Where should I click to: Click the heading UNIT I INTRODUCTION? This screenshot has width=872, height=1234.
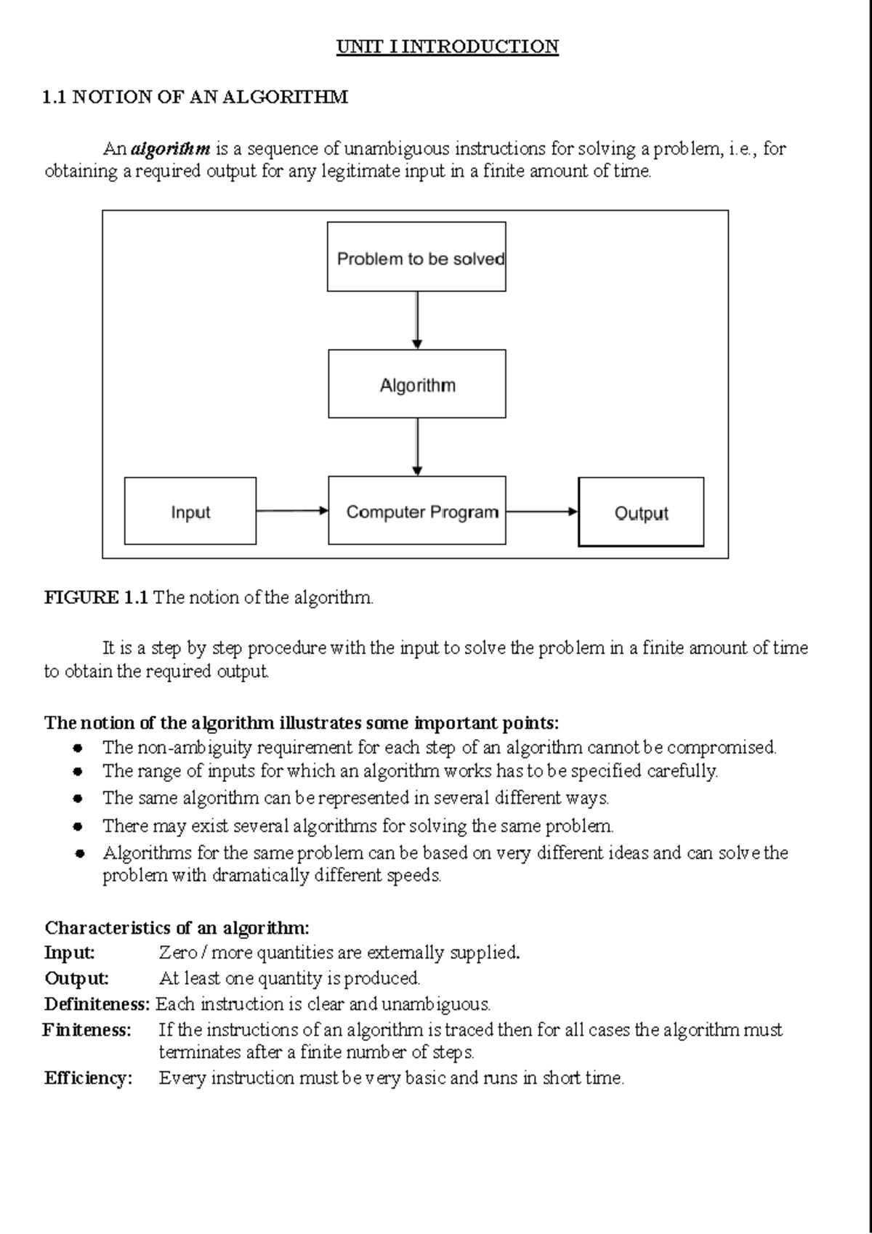[x=447, y=47]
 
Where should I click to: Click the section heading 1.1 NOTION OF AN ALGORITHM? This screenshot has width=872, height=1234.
[x=195, y=97]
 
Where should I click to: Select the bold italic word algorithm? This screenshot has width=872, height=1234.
[x=171, y=149]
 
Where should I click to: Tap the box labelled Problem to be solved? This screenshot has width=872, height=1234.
[x=416, y=257]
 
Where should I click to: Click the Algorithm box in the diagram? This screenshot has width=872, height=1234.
[x=416, y=384]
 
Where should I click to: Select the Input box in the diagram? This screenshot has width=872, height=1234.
[x=190, y=512]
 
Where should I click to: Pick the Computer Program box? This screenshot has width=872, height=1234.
[x=416, y=512]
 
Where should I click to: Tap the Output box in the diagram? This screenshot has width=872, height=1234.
[x=641, y=512]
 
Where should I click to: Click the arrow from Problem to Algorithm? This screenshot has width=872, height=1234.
[x=417, y=320]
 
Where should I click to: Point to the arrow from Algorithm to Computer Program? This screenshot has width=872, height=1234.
[x=417, y=447]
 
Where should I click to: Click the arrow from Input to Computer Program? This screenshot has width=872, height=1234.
[x=292, y=511]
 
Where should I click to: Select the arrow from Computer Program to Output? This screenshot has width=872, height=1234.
[x=541, y=511]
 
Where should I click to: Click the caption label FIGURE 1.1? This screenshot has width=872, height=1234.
[x=96, y=598]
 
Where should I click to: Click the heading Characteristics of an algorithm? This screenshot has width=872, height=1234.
[x=177, y=928]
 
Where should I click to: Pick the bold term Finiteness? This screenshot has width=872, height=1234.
[x=87, y=1030]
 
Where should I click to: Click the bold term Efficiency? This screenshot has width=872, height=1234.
[x=88, y=1078]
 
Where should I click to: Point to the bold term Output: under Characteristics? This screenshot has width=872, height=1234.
[x=76, y=978]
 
